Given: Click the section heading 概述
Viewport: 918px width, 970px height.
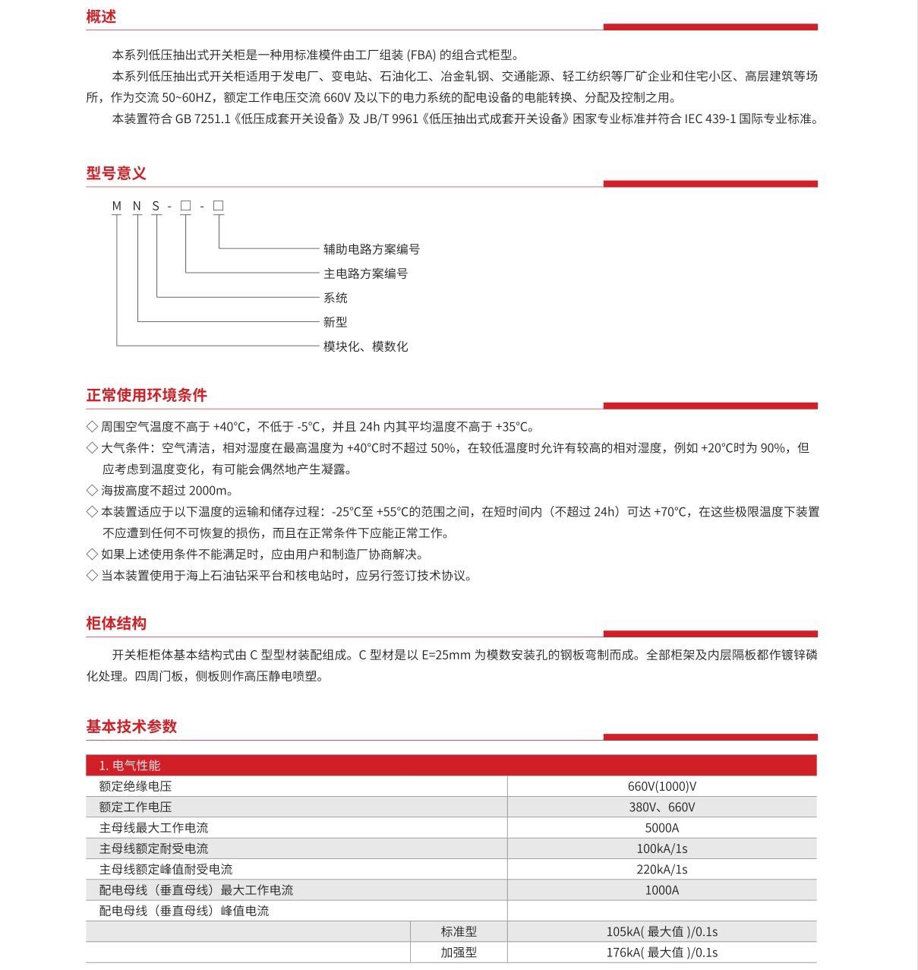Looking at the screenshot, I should click(x=101, y=17).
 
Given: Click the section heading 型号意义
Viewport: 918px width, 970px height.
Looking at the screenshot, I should click(x=116, y=173).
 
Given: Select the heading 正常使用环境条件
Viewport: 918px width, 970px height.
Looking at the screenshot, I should click(x=147, y=395).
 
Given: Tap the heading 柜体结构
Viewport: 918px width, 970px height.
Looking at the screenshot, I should click(x=116, y=624).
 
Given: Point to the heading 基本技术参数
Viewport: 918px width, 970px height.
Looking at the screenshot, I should click(x=131, y=726).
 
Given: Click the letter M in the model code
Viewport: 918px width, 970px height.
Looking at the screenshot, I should click(x=117, y=206).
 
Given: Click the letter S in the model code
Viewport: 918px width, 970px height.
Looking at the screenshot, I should click(x=156, y=206).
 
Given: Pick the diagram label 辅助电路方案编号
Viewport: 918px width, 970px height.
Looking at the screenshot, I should click(x=371, y=249).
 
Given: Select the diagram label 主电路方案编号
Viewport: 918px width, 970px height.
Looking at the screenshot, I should click(x=365, y=273).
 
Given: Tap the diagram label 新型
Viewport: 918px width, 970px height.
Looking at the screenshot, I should click(x=335, y=322).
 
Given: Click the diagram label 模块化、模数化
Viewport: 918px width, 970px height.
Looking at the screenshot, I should click(x=365, y=346).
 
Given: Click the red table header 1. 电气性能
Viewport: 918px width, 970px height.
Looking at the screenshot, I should click(x=130, y=766).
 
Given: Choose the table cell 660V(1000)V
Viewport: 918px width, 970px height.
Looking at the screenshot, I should click(x=661, y=787).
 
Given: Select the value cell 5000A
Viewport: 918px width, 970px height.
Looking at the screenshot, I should click(x=661, y=828).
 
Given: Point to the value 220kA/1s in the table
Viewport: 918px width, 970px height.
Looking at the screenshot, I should click(x=661, y=870).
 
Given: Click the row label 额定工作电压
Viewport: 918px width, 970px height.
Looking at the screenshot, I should click(x=135, y=807).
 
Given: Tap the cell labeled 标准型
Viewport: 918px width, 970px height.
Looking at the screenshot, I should click(x=459, y=932).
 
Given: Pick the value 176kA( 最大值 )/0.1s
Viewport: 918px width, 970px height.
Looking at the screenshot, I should click(x=661, y=953).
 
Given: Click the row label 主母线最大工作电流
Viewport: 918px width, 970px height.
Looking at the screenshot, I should click(x=153, y=828).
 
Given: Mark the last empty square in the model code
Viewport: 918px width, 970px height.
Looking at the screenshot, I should click(x=219, y=206).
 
